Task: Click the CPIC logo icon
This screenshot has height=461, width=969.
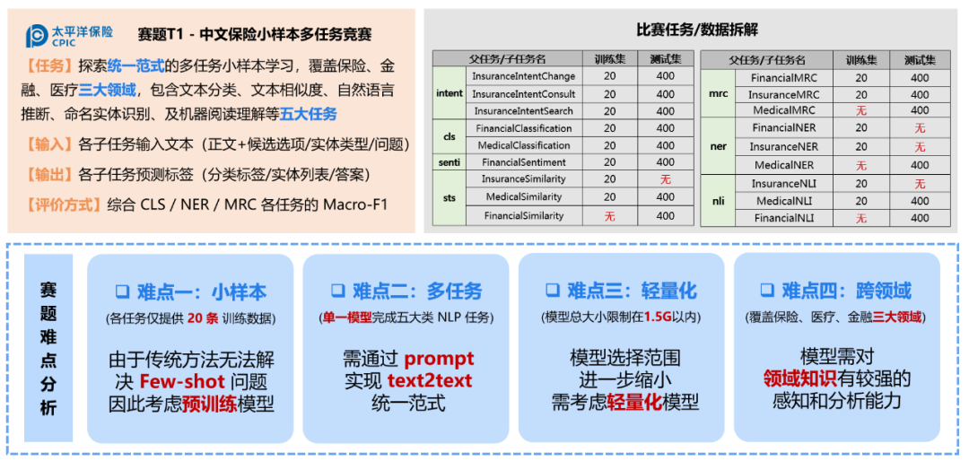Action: point(37,36)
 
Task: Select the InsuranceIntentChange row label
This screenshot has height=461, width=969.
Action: point(524,76)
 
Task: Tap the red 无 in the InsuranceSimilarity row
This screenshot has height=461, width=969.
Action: point(666,179)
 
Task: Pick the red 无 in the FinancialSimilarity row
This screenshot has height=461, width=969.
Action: point(610,216)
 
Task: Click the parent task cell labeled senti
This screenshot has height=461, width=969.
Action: point(450,162)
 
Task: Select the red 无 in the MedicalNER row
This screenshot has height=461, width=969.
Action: point(860,166)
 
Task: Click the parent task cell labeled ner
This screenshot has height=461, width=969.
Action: point(718,147)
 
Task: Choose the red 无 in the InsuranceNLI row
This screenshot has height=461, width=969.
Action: point(920,184)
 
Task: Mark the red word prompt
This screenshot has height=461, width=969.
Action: point(439,358)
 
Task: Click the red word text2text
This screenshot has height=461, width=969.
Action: point(430,380)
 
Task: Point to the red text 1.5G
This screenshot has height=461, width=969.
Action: point(656,317)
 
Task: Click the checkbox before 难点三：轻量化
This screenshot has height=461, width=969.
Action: point(552,291)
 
